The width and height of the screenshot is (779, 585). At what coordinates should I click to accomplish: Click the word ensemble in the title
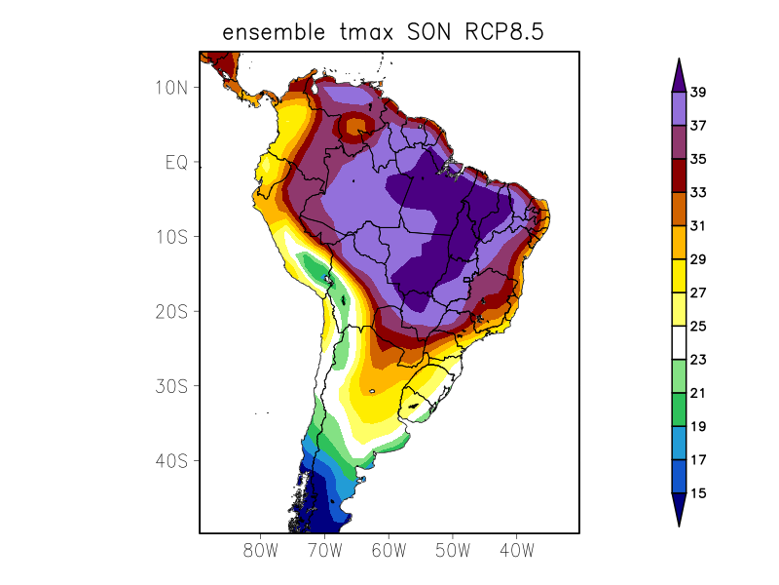(x=272, y=32)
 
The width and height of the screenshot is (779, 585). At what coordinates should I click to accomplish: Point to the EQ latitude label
(x=176, y=162)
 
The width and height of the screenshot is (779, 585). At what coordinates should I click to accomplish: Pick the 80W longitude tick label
(x=261, y=550)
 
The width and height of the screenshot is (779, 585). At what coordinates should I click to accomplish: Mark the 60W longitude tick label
(x=389, y=550)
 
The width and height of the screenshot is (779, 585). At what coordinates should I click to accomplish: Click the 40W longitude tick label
(x=516, y=550)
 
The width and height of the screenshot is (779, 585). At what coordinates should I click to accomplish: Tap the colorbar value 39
(x=698, y=93)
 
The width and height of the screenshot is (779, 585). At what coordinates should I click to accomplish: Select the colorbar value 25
(x=698, y=327)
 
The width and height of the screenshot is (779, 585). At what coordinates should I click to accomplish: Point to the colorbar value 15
(x=698, y=493)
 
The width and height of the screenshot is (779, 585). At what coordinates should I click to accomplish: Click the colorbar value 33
(x=698, y=193)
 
